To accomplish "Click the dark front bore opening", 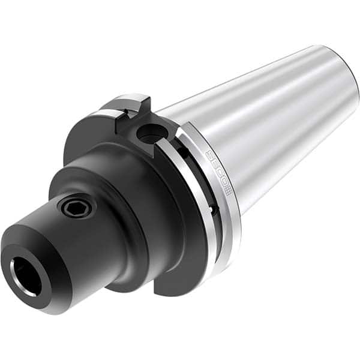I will pos(26,275).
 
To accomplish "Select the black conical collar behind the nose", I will pos(120,198).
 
